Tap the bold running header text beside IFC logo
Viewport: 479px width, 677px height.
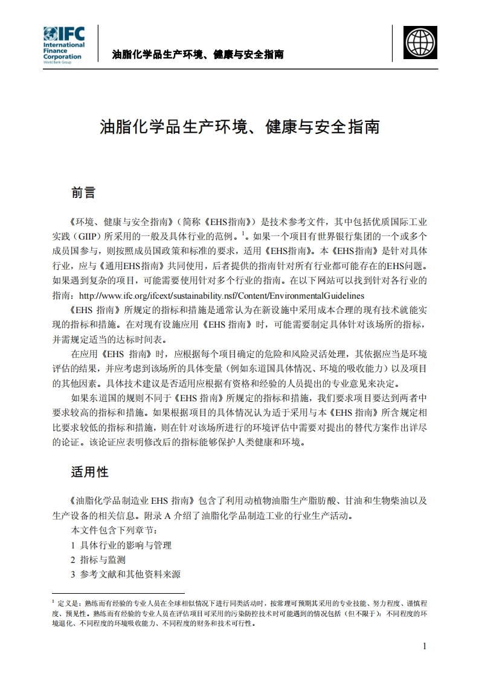[198, 55]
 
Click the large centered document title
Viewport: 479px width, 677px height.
[239, 127]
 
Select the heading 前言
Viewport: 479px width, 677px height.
[83, 192]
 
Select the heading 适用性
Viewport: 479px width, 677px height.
[89, 472]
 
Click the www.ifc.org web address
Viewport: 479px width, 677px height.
[222, 296]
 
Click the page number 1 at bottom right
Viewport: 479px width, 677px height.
[425, 646]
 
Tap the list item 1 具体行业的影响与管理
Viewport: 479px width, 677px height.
[121, 545]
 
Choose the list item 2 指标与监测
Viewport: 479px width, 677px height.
[98, 560]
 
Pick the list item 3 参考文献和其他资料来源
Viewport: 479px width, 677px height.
[126, 574]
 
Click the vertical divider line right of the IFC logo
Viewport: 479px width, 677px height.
[98, 43]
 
